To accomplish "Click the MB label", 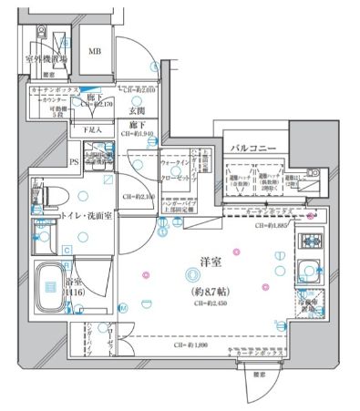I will click(x=94, y=52).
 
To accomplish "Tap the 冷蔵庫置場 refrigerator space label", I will click(x=306, y=304).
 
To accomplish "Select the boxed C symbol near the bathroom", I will click(x=67, y=250).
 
